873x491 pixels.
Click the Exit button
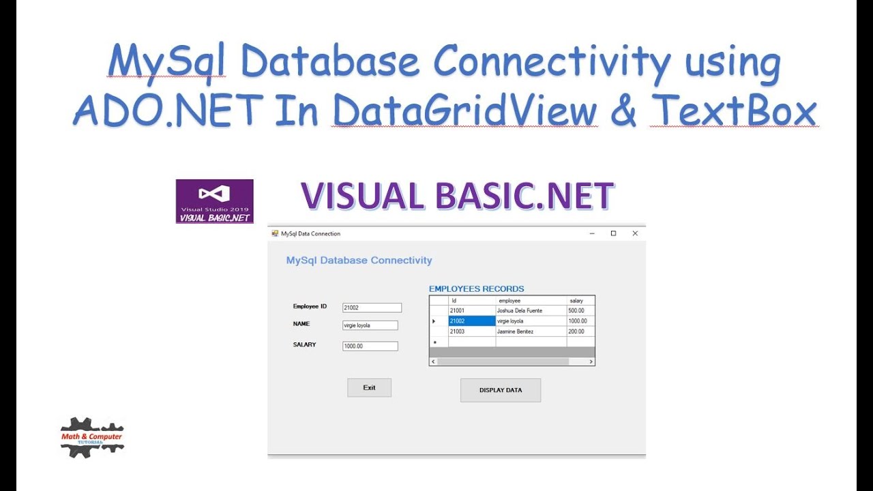[369, 388]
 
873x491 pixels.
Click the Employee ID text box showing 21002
[372, 308]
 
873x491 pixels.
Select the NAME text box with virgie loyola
[370, 326]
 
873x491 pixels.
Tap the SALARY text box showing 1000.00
[370, 346]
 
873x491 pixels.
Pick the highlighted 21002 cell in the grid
[471, 321]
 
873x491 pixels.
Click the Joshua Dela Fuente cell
[531, 311]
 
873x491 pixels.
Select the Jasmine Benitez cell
[531, 331]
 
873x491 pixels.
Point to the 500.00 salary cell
[580, 311]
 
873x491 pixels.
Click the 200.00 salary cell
[580, 331]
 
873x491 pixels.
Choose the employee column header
[531, 301]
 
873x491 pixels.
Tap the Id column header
[471, 301]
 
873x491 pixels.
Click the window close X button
[635, 233]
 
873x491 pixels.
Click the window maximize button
[613, 233]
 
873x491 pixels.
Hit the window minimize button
[591, 233]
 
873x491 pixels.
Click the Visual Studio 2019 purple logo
[214, 201]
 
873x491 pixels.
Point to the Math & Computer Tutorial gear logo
[92, 437]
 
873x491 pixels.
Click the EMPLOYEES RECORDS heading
[476, 289]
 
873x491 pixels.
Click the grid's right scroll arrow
[591, 361]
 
